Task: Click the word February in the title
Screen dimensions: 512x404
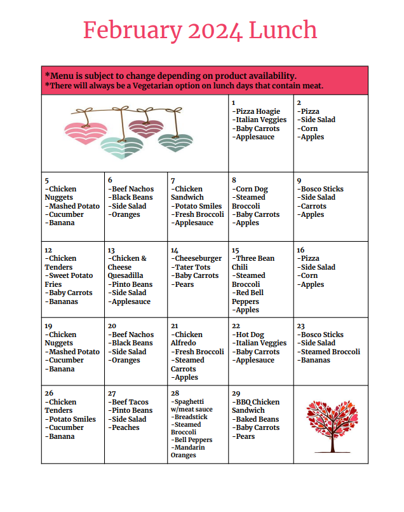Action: tap(125, 30)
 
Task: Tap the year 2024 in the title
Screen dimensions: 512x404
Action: tap(206, 30)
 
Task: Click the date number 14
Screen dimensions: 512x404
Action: tap(175, 250)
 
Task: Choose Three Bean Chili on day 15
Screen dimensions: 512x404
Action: tap(253, 263)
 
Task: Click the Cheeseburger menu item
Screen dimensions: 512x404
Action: tap(196, 258)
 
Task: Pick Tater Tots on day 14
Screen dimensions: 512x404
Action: tap(192, 267)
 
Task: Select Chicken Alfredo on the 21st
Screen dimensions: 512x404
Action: tap(187, 338)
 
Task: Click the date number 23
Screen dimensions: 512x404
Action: tap(300, 326)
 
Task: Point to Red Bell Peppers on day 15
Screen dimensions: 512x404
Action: tap(248, 297)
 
